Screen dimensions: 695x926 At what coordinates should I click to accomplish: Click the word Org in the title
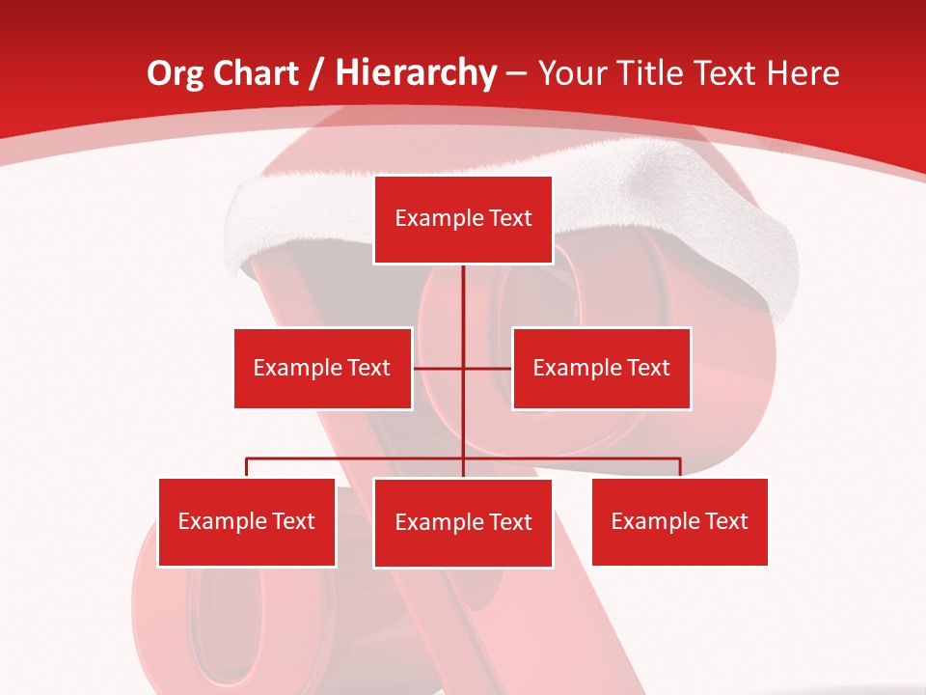(174, 74)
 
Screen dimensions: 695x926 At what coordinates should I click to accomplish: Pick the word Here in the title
(803, 74)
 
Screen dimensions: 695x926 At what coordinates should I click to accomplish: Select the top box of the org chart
(463, 219)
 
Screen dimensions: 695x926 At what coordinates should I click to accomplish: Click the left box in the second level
(322, 368)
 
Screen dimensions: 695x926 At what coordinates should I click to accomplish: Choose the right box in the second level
(601, 368)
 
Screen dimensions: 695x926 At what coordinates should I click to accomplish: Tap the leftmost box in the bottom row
(247, 522)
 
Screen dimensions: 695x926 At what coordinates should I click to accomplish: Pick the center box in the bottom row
(463, 523)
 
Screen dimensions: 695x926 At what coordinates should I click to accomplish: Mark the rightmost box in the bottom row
(679, 521)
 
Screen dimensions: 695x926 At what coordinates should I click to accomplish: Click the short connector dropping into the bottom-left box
(247, 467)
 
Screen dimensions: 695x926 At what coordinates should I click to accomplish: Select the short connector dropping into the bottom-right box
(680, 467)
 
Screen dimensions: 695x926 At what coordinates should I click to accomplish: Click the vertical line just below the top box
(463, 290)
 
